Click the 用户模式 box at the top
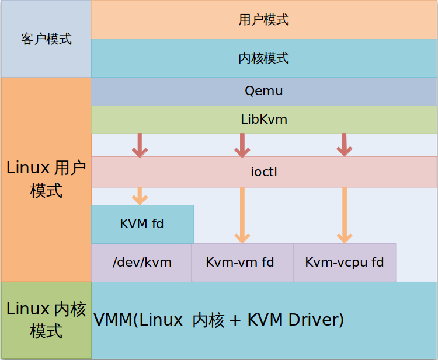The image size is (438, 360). pos(263,20)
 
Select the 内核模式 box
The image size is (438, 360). pos(263,58)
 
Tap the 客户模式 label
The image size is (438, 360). pos(46,39)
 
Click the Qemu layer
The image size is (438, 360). pos(263,92)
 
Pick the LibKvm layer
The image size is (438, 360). pos(263,120)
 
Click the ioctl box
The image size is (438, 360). pos(263,172)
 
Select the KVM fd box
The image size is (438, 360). pos(142,224)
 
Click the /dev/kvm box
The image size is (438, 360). pos(141,263)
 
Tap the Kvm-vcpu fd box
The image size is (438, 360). pos(345,263)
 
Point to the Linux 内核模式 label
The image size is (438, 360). pos(46,320)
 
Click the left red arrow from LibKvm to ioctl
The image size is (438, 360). pos(139,145)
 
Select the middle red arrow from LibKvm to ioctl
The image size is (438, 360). pos(242,145)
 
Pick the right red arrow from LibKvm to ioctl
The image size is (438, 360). pos(345,145)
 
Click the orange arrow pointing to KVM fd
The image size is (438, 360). pos(139,195)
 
